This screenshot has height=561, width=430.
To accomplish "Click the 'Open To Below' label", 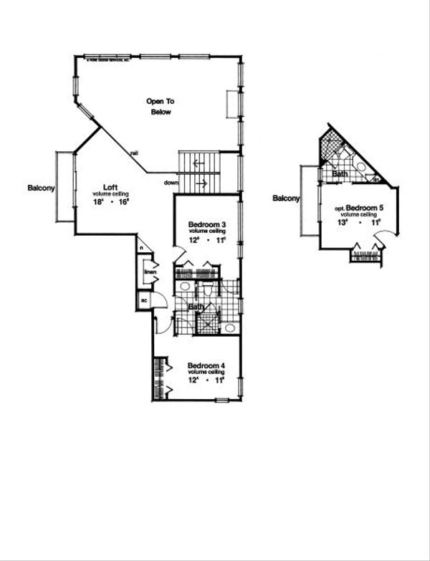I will click(161, 107).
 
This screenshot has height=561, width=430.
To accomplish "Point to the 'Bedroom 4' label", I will click(207, 367).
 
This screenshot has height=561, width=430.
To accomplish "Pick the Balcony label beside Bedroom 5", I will click(285, 198).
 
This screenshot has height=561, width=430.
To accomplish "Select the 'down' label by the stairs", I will click(171, 183).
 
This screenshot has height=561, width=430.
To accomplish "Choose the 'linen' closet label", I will click(150, 272).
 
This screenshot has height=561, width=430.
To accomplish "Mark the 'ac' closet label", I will click(144, 300).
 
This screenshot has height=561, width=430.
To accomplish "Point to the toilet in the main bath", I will click(205, 290).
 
